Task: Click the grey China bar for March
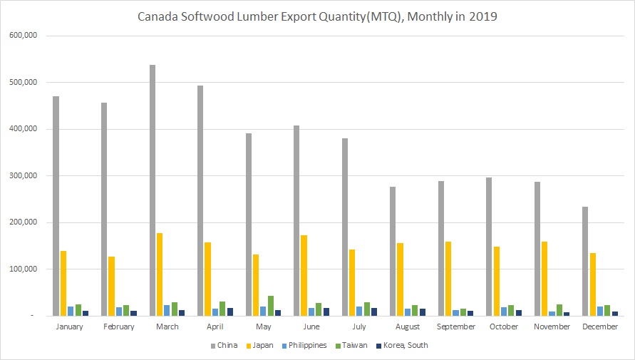pos(153,190)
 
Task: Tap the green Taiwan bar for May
pos(271,306)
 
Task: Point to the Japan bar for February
pos(111,286)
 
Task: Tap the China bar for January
pos(56,206)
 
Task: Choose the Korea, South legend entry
pos(404,345)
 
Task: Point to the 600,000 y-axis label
pos(24,36)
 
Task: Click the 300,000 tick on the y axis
pos(24,176)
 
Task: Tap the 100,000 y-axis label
pos(24,269)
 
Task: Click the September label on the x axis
pos(456,326)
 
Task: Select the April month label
pos(215,326)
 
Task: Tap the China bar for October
pos(488,247)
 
